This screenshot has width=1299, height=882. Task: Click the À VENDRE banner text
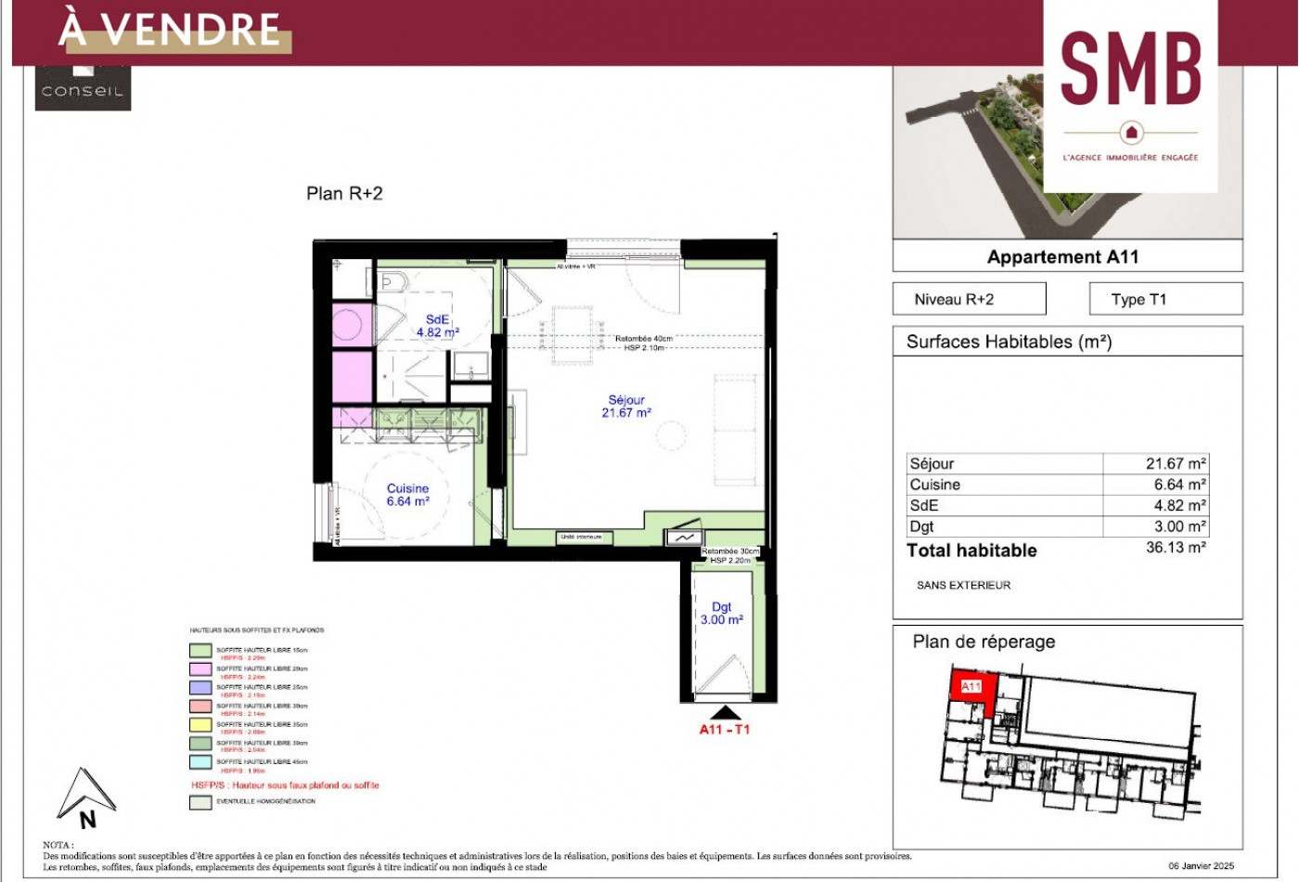tap(170, 30)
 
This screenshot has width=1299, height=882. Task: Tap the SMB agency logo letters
tap(1130, 69)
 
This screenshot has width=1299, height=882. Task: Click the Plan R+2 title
tap(344, 193)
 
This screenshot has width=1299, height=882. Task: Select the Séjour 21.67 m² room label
tap(626, 407)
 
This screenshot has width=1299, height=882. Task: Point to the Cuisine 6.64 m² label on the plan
tap(408, 495)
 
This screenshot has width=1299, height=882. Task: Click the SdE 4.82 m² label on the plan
tap(437, 326)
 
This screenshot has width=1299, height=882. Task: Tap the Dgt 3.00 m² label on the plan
tap(721, 614)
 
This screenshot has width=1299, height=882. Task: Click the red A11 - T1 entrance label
tap(724, 730)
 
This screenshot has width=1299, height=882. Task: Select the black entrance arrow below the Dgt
tap(724, 712)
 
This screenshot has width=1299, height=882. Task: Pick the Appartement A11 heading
tap(1062, 257)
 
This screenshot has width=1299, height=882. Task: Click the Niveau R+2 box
tap(969, 299)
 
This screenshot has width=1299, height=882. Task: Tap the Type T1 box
tap(1164, 299)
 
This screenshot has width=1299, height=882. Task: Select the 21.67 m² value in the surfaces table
tap(1175, 463)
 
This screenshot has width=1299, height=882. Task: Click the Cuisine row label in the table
tap(935, 485)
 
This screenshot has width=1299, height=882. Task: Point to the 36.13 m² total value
tap(1175, 548)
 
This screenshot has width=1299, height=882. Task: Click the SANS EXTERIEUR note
tap(963, 585)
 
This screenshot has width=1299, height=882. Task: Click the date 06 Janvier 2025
tap(1201, 865)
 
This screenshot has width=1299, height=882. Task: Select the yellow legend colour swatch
tap(200, 725)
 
